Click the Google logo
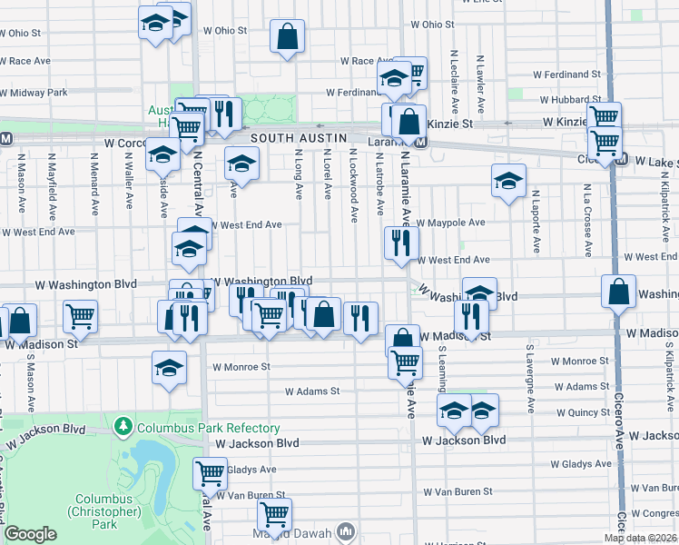click(30, 535)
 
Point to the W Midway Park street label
click(34, 93)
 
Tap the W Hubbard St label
click(570, 100)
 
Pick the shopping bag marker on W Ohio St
click(288, 38)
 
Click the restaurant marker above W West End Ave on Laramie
click(401, 243)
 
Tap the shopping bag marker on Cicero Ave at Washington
click(618, 293)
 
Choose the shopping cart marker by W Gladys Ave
click(210, 472)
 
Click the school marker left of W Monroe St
click(169, 368)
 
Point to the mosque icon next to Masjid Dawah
click(345, 530)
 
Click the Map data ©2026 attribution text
click(640, 538)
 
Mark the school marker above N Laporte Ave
click(508, 180)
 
